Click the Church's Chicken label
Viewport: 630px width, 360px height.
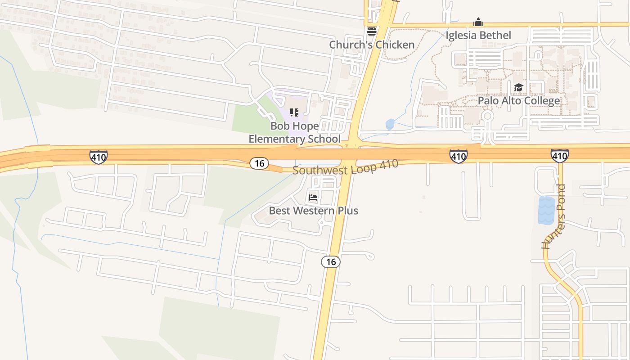(372, 45)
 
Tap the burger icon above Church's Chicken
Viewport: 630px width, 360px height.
(371, 31)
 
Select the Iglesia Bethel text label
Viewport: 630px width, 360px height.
(478, 35)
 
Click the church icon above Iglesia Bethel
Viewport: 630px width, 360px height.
(478, 22)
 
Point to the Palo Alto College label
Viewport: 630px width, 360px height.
(519, 100)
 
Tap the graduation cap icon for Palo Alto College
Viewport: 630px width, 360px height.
(518, 87)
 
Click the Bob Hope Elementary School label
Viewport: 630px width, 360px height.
(295, 132)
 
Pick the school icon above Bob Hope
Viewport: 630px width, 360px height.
(294, 112)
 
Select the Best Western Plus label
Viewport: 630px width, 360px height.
(313, 210)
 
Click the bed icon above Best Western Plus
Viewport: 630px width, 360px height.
(313, 197)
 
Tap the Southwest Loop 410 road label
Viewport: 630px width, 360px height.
(345, 167)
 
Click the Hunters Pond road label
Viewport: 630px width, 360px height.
(553, 217)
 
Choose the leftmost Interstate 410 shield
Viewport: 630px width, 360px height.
(98, 157)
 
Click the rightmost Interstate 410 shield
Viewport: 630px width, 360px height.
(559, 156)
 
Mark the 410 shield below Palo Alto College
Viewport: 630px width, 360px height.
(458, 156)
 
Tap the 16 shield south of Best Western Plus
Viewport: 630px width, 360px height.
(331, 261)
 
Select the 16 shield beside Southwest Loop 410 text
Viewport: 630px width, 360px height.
(259, 163)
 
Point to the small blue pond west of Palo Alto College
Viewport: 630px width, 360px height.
(390, 124)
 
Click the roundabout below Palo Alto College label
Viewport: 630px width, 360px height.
(487, 116)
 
